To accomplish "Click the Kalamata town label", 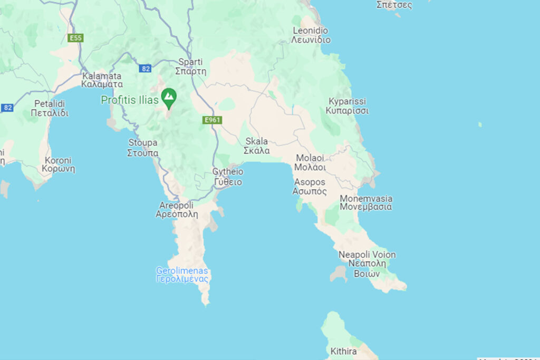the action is pyautogui.click(x=102, y=80).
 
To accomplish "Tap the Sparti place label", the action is pyautogui.click(x=191, y=66).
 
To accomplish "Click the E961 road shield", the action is pyautogui.click(x=213, y=120).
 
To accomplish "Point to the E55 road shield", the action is pyautogui.click(x=75, y=38).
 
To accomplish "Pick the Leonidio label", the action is pyautogui.click(x=311, y=35).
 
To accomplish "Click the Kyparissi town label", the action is pyautogui.click(x=347, y=105).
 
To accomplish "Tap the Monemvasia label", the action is pyautogui.click(x=366, y=202).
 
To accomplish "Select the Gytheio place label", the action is pyautogui.click(x=228, y=177).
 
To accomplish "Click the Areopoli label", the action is pyautogui.click(x=177, y=209).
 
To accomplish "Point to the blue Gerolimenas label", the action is pyautogui.click(x=182, y=275).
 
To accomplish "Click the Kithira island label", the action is pyautogui.click(x=344, y=351).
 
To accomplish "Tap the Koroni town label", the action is pyautogui.click(x=58, y=164).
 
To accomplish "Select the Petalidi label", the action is pyautogui.click(x=50, y=108).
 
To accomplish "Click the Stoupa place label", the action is pyautogui.click(x=143, y=148).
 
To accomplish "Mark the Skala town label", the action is pyautogui.click(x=257, y=145).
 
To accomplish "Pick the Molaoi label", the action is pyautogui.click(x=311, y=162).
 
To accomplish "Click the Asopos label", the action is pyautogui.click(x=310, y=187).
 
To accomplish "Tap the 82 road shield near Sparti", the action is pyautogui.click(x=146, y=69).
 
